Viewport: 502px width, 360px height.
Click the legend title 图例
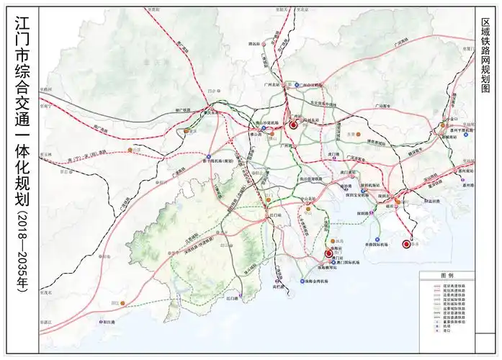point(447,276)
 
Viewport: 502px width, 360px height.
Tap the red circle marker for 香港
point(405,244)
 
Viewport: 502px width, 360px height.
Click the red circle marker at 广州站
point(294,125)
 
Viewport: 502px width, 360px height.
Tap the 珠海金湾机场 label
point(314,280)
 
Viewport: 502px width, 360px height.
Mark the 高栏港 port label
point(280,286)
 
